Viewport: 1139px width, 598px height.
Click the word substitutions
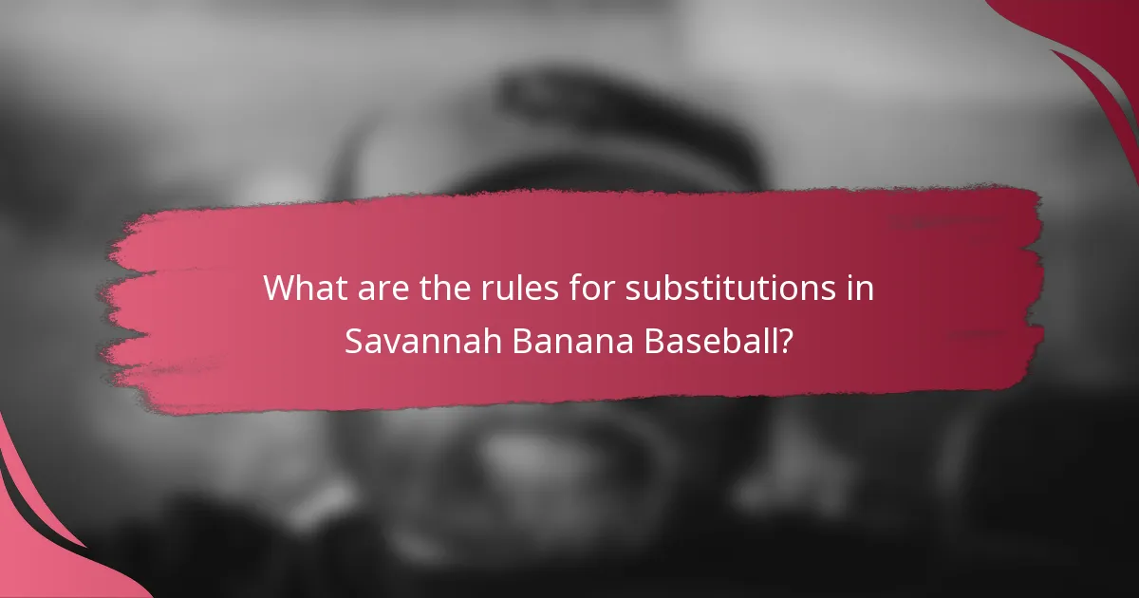point(719,288)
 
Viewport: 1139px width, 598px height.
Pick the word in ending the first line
point(860,288)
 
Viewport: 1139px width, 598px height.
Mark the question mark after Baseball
point(786,341)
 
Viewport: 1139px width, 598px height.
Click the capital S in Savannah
point(353,341)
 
